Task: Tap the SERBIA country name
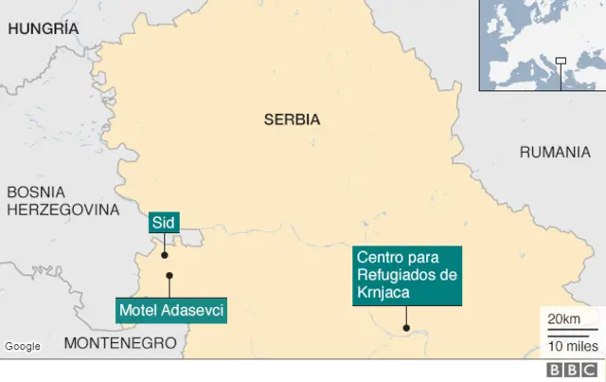[292, 120]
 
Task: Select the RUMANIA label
[554, 152]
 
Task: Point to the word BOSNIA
[36, 192]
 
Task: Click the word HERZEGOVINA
[63, 209]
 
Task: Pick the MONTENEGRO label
[120, 343]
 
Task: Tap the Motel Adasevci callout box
[171, 309]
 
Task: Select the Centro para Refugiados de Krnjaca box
[407, 275]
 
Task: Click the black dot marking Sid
[164, 255]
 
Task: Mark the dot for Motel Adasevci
[169, 276]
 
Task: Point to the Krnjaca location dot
[406, 329]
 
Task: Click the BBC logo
[570, 370]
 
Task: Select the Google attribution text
[23, 347]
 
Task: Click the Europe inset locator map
[542, 45]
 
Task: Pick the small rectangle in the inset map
[560, 63]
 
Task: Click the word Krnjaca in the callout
[383, 293]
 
